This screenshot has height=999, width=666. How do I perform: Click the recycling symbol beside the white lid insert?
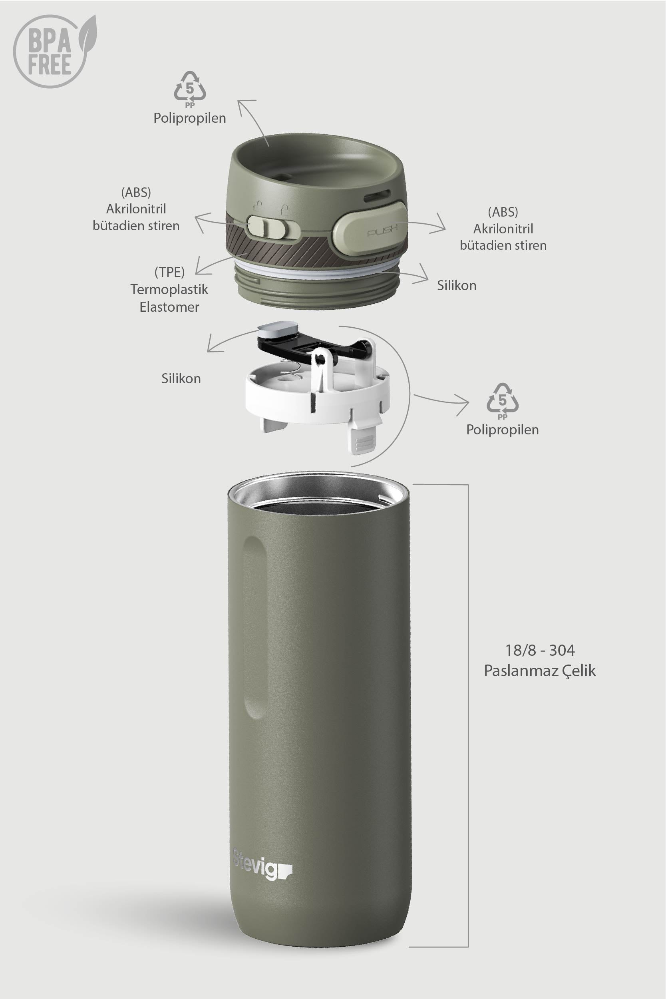pyautogui.click(x=503, y=401)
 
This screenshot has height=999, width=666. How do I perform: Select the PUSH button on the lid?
pyautogui.click(x=370, y=229)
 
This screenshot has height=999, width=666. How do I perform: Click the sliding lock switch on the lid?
pyautogui.click(x=267, y=227)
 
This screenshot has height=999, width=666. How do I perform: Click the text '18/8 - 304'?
pyautogui.click(x=540, y=650)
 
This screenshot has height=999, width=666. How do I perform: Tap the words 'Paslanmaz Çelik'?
pyautogui.click(x=540, y=671)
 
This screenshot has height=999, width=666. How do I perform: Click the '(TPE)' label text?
pyautogui.click(x=169, y=272)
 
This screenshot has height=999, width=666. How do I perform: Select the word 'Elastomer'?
pyautogui.click(x=169, y=306)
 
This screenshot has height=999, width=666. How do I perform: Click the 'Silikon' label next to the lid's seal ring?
pyautogui.click(x=457, y=285)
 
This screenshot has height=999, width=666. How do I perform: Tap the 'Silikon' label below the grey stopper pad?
pyautogui.click(x=181, y=378)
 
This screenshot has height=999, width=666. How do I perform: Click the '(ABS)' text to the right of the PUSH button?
pyautogui.click(x=503, y=212)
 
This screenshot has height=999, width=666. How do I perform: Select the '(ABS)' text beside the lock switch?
pyautogui.click(x=136, y=193)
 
